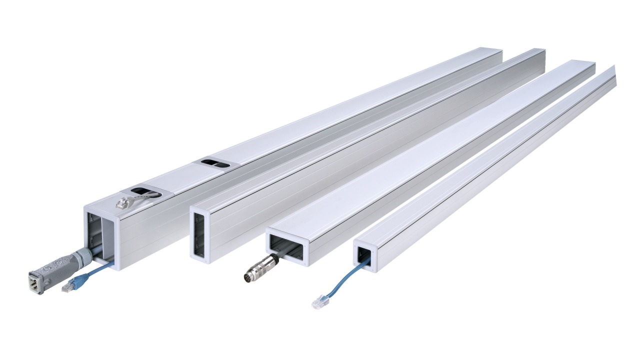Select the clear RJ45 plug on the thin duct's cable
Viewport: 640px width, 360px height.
click(x=317, y=302)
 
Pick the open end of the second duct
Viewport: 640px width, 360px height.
click(x=203, y=235)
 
